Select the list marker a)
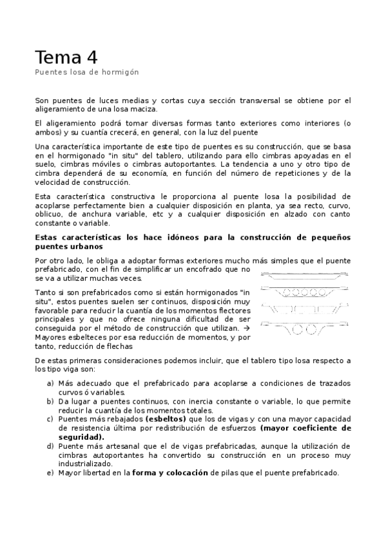[50, 384]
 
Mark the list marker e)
[50, 473]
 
